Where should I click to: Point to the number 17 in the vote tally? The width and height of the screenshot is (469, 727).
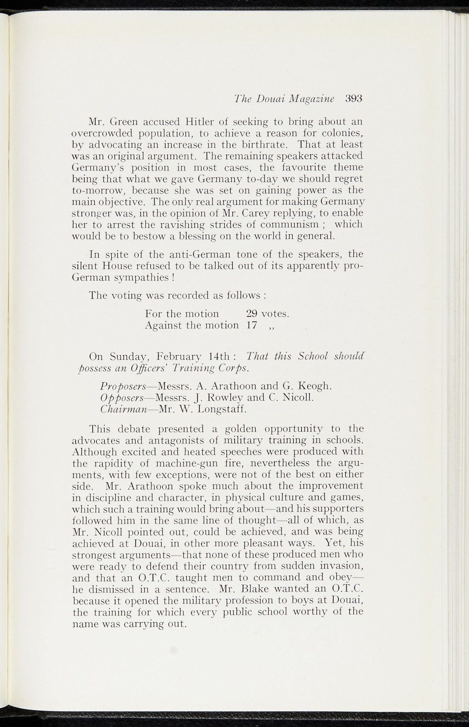pyautogui.click(x=252, y=325)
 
